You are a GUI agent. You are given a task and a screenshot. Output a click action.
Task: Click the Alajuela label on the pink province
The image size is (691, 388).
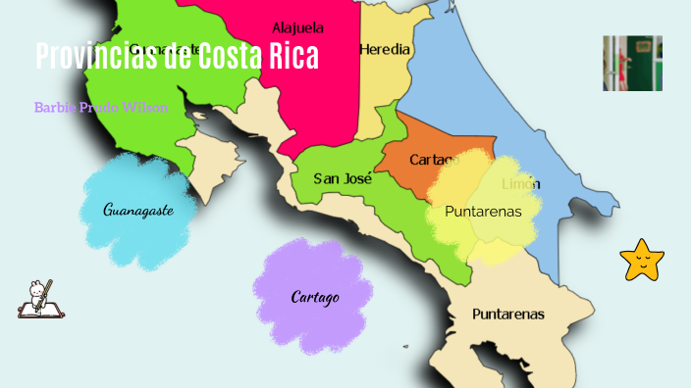[298, 27]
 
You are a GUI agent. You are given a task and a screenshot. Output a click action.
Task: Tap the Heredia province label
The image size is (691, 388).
[386, 49]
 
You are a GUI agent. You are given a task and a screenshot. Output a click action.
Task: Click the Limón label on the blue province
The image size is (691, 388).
[521, 184]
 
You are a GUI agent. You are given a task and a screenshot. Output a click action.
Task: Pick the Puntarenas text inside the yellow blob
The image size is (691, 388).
[483, 211]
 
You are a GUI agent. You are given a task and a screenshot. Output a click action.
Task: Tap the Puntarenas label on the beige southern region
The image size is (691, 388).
[507, 315]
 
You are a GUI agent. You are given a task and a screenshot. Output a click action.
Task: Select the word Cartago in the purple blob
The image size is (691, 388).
[315, 297]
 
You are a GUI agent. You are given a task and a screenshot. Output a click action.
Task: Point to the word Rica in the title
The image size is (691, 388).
[292, 56]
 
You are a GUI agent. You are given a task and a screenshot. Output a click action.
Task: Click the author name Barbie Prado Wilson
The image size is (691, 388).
[101, 107]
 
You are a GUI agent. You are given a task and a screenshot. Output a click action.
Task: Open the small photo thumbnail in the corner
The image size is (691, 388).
[632, 63]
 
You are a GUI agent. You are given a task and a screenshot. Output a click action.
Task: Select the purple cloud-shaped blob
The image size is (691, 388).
[314, 284]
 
